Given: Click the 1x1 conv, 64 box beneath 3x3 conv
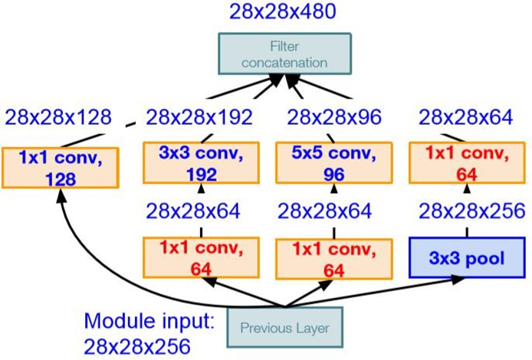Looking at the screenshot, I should [199, 260].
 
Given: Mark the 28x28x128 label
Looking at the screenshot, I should [57, 117].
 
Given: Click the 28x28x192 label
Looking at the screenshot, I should [199, 117].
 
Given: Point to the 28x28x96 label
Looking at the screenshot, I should [333, 117].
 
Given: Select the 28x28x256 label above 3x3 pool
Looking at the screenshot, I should [469, 211].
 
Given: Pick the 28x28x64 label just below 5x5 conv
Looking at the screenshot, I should [329, 211].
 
